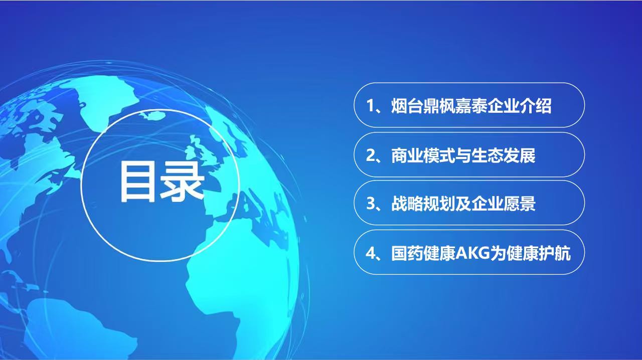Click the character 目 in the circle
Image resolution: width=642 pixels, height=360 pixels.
136,181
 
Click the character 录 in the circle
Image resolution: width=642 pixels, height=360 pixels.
182,181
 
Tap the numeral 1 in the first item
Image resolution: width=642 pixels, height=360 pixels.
371,106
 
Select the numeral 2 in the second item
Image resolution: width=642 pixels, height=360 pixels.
371,155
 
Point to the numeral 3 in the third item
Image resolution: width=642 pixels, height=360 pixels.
371,204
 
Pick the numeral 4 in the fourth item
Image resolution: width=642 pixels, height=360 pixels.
371,253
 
